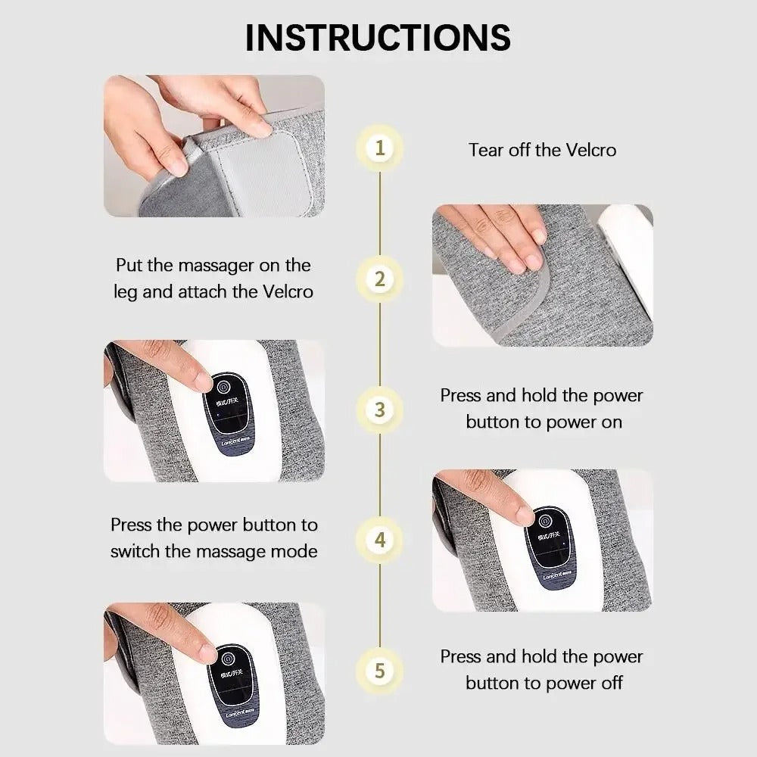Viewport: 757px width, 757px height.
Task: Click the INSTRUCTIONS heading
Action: (378, 37)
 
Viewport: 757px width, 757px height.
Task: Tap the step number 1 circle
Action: (380, 148)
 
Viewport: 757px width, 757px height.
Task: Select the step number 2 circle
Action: (380, 279)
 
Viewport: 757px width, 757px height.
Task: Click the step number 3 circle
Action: (380, 410)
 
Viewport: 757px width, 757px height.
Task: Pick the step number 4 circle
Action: (380, 540)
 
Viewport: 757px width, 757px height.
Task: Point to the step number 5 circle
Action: (380, 671)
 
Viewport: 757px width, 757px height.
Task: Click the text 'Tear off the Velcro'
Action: (542, 149)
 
